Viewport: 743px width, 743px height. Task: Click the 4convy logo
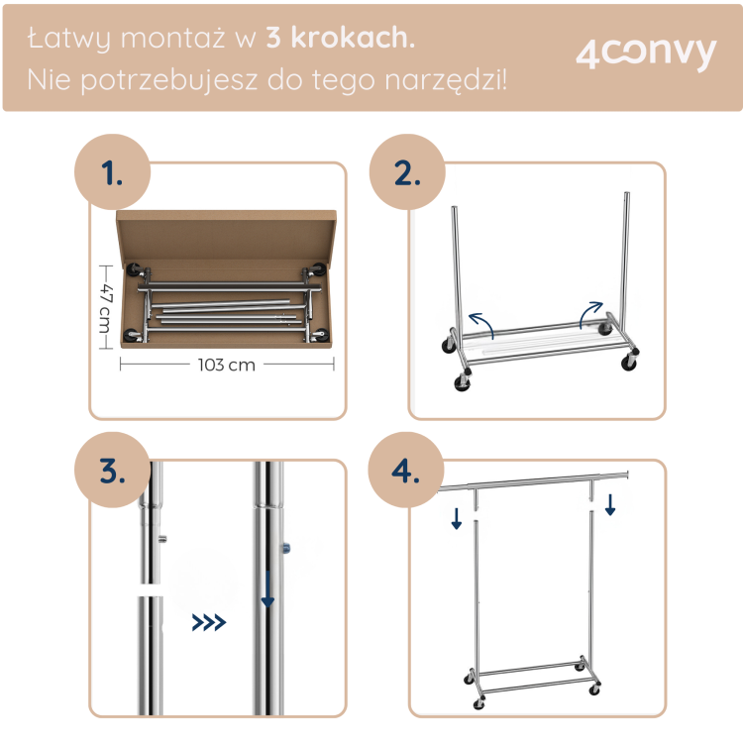pos(645,54)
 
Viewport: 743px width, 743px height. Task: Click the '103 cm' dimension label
pos(227,365)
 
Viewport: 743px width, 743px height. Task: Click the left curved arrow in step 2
pos(480,322)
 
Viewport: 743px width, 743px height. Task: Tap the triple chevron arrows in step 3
pos(209,623)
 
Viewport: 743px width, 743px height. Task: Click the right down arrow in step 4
pos(610,504)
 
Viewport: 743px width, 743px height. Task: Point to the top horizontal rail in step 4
pos(535,480)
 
